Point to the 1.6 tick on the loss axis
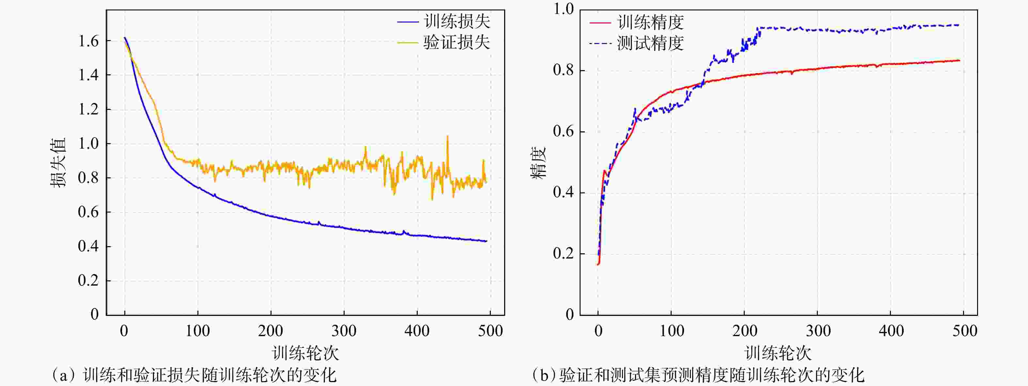(88, 41)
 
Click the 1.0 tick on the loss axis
(88, 143)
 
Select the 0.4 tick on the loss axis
(88, 246)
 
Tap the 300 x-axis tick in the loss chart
(344, 331)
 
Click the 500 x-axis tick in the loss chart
(491, 331)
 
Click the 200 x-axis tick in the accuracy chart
(745, 331)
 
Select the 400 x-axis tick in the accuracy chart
(891, 331)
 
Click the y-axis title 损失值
(58, 163)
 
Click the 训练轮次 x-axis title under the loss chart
(305, 353)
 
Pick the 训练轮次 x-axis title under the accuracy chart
(778, 353)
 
